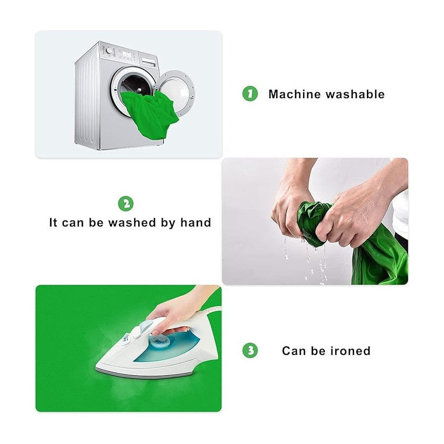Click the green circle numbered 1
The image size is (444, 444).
tap(250, 94)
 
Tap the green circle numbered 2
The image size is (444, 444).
tap(126, 204)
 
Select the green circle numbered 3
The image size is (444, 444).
tap(250, 350)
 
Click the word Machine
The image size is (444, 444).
tap(295, 94)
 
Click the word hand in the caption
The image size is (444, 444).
tap(196, 223)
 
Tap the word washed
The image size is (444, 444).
tap(132, 223)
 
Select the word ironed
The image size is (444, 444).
tap(350, 351)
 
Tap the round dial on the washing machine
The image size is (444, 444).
tap(108, 51)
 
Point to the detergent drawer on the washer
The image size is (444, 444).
tap(149, 62)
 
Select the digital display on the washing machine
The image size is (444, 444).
tap(126, 54)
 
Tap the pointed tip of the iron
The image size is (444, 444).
tap(97, 367)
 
